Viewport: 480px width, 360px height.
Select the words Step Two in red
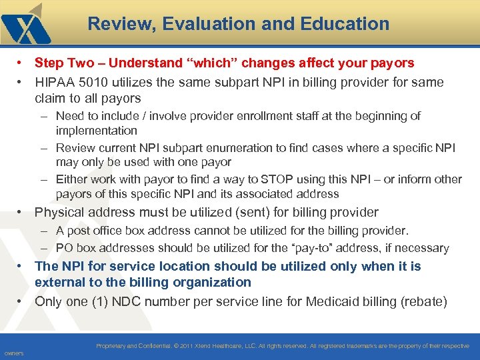coord(62,63)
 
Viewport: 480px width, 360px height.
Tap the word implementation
coord(96,131)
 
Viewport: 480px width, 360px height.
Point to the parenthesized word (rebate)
coord(424,301)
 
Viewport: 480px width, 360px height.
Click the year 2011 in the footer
coord(188,346)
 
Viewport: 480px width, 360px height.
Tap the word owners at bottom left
coord(13,353)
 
